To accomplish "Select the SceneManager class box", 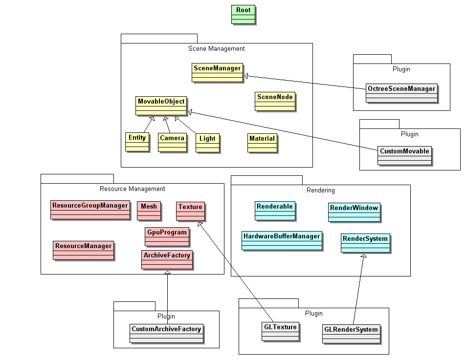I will [x=217, y=73].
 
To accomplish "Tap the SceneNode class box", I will [x=275, y=102].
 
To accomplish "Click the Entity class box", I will [x=137, y=142].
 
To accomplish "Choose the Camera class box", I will [x=172, y=142].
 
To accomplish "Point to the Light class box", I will [x=207, y=143].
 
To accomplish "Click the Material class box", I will [x=262, y=143].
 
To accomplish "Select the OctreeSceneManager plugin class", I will [x=401, y=93].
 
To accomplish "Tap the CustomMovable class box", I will [x=404, y=155].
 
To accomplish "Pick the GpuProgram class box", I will [x=167, y=236].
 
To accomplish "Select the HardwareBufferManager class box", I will [x=282, y=240].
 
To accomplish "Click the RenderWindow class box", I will [x=354, y=212].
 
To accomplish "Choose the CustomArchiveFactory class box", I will [x=166, y=333].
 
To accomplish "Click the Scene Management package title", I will [x=216, y=49].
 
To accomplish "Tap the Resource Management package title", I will [x=132, y=189].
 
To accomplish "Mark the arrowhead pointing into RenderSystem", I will [x=363, y=256].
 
